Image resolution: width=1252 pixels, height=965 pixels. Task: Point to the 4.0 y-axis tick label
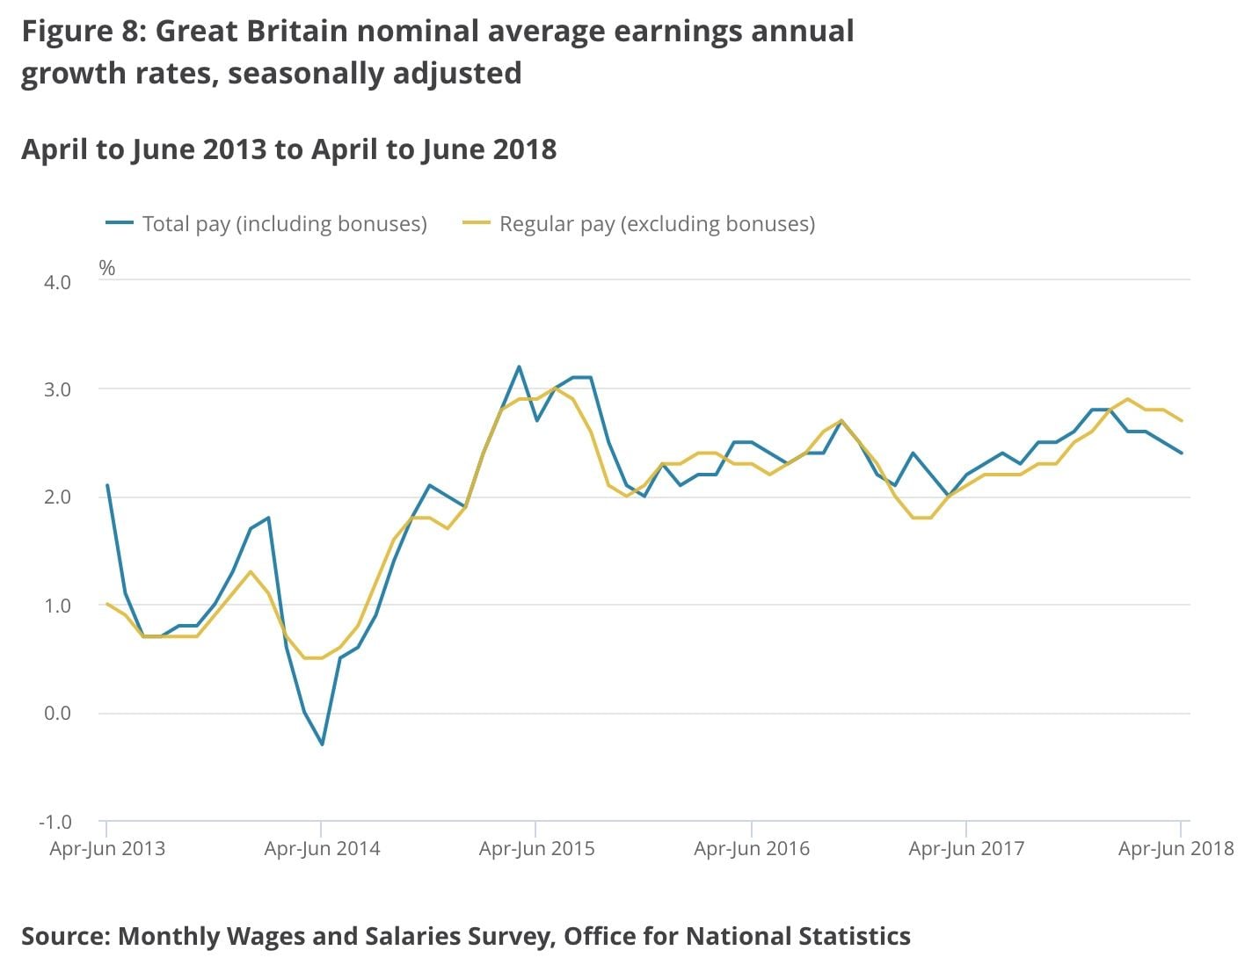56,282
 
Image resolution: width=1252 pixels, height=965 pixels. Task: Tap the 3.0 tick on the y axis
56,389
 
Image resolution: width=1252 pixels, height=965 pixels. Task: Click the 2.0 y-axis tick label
56,497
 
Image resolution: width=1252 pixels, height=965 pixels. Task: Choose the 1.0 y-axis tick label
56,606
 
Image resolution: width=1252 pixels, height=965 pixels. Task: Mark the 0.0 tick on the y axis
56,713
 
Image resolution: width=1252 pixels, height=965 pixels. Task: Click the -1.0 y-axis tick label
55,822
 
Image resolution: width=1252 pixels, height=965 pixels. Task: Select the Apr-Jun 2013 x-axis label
107,849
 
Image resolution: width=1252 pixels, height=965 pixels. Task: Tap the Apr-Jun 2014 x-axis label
322,849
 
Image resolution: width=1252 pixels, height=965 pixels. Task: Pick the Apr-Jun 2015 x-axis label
536,849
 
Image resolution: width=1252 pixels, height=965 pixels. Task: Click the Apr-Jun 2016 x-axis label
752,849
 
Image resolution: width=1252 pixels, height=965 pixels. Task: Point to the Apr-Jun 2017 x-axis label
966,849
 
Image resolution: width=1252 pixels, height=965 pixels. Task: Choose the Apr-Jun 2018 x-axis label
1176,849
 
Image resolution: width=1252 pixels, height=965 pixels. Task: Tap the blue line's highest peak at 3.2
519,366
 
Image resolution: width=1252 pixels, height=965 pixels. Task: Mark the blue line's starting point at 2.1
107,485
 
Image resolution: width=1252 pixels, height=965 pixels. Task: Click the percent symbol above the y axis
107,268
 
